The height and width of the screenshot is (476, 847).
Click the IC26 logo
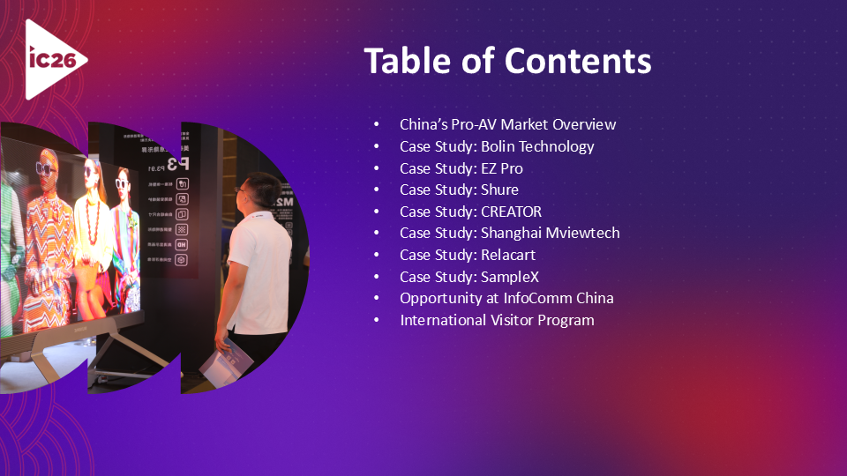[x=54, y=59]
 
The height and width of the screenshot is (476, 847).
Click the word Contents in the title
[x=578, y=61]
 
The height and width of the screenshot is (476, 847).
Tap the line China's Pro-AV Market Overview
[x=507, y=124]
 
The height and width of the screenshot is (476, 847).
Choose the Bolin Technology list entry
[x=537, y=146]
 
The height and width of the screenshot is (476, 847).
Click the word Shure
[x=499, y=190]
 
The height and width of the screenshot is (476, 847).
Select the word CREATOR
[x=511, y=212]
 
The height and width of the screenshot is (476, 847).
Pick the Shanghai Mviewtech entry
[x=550, y=233]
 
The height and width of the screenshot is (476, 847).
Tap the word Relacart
[x=508, y=255]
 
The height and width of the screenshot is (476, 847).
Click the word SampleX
[x=509, y=277]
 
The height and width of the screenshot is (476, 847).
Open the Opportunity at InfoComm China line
[x=506, y=298]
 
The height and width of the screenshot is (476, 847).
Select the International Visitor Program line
[x=497, y=320]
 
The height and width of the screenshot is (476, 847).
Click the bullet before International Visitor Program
[x=378, y=320]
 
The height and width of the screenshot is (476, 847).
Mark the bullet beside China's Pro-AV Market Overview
[x=378, y=124]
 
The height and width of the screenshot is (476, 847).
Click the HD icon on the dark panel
[x=181, y=244]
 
